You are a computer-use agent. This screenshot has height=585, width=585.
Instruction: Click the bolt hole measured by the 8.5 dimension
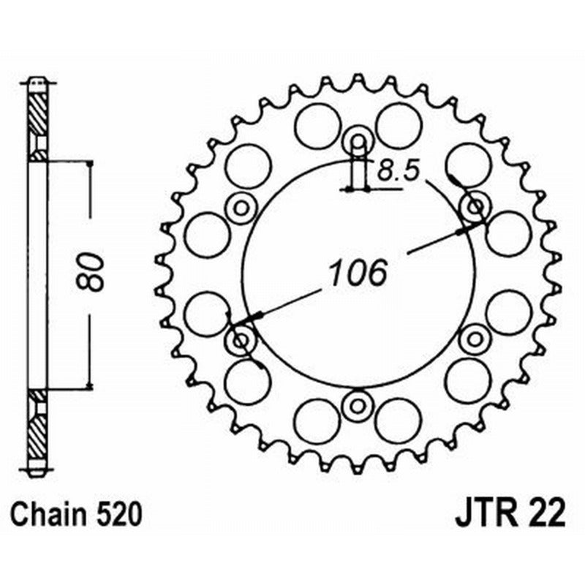(x=358, y=140)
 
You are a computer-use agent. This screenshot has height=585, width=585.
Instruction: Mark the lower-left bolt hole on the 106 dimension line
(x=241, y=340)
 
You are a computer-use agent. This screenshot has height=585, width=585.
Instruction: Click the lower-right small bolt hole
(x=475, y=339)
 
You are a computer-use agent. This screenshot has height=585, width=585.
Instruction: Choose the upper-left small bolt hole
(x=241, y=208)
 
